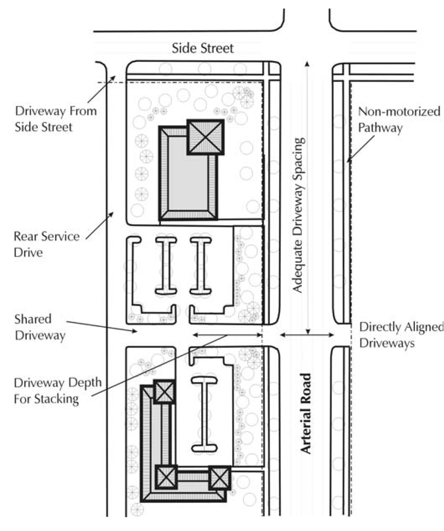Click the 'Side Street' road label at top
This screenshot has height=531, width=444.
tap(203, 48)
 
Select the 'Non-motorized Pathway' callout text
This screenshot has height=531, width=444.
tap(399, 120)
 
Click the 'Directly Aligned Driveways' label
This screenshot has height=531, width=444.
tap(401, 335)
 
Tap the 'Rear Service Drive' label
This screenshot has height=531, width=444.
tap(47, 244)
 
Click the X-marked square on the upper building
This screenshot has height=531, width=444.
tap(205, 137)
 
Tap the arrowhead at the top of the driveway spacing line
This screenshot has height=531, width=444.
tap(307, 64)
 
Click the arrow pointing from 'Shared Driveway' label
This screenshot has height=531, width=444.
tap(102, 327)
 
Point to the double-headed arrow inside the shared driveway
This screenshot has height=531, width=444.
tap(227, 335)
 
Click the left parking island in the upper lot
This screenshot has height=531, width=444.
tap(166, 265)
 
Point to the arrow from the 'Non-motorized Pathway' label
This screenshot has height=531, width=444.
tap(361, 149)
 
